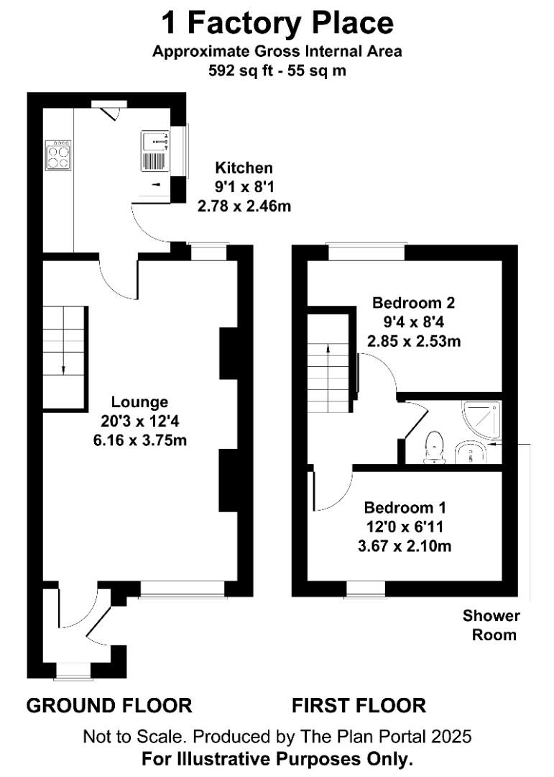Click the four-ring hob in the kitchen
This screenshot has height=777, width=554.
58,155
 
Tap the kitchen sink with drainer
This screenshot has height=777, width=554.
155,151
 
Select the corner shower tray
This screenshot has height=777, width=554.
481,420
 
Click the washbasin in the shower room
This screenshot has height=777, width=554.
471,452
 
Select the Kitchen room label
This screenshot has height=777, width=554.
244,168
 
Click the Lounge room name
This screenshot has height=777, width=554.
139,402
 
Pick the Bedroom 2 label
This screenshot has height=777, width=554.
413,302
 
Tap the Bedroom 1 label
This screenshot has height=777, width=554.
405,507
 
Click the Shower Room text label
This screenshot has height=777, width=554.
491,625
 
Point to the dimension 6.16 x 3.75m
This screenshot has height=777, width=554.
140,440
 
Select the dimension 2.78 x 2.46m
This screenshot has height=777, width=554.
244,206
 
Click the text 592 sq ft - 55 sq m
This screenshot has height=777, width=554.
277,71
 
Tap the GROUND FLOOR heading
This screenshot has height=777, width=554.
109,706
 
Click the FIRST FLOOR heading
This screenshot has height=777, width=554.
359,706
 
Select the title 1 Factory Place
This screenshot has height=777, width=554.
277,23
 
